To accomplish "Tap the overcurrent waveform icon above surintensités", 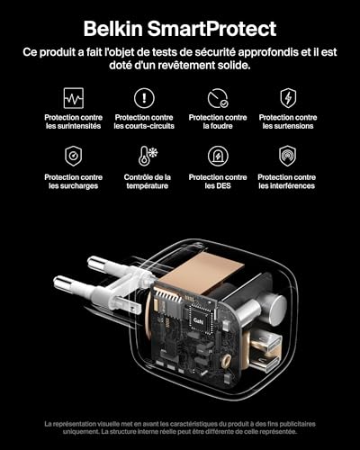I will pyautogui.click(x=73, y=97).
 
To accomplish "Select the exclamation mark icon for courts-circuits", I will pyautogui.click(x=144, y=97).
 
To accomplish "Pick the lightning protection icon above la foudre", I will pyautogui.click(x=217, y=97).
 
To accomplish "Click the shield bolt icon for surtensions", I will pyautogui.click(x=288, y=97).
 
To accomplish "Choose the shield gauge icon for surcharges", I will pyautogui.click(x=73, y=156).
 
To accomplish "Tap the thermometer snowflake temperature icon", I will pyautogui.click(x=144, y=156).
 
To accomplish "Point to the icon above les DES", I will pyautogui.click(x=217, y=156).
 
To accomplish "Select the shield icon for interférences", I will pyautogui.click(x=288, y=156).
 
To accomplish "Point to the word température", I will pyautogui.click(x=146, y=186).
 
